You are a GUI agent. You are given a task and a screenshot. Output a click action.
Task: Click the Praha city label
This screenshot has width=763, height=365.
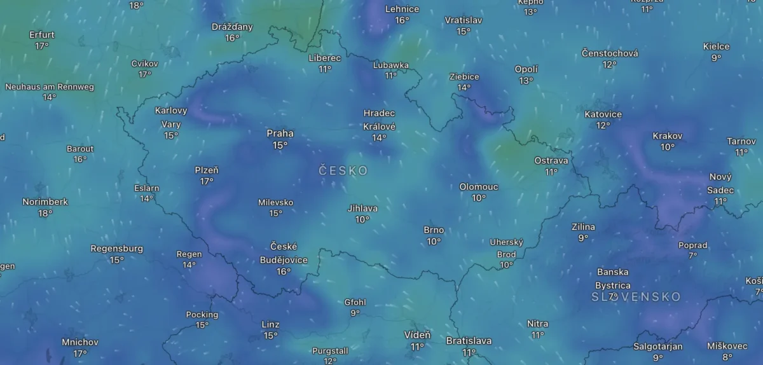[280, 134]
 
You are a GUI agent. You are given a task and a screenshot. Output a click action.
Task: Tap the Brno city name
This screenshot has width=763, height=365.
[434, 230]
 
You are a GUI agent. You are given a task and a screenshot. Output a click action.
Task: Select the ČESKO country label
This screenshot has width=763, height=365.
[343, 170]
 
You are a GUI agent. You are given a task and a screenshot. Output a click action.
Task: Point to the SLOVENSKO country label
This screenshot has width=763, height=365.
[636, 297]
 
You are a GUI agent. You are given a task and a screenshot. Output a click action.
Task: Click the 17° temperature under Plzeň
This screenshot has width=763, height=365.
[207, 182]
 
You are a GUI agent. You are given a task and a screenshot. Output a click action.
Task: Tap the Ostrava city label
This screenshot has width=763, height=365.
[551, 160]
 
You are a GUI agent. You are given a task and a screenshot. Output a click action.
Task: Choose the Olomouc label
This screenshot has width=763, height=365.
[479, 187]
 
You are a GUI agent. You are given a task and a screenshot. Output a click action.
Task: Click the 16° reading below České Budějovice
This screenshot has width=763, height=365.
[284, 272]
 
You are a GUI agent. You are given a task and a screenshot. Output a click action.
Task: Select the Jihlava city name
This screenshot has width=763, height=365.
[362, 208]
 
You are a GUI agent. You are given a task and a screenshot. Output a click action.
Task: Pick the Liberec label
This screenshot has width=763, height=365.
[325, 58]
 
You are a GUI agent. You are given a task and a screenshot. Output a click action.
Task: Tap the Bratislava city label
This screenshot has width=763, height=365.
[469, 341]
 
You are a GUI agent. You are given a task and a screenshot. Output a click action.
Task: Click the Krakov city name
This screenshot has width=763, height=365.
[667, 136]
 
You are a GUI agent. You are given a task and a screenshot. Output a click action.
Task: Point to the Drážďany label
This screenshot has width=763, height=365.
[232, 27]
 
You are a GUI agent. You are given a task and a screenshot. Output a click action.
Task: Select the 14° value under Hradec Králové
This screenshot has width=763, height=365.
[379, 138]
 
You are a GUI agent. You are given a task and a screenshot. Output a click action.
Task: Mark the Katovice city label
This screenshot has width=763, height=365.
[603, 114]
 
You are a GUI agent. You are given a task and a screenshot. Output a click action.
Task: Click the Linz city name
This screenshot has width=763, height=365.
[270, 324]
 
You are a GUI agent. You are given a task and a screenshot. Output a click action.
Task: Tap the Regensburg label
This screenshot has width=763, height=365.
[117, 249]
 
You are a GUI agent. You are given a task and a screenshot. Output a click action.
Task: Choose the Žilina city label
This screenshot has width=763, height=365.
[583, 227]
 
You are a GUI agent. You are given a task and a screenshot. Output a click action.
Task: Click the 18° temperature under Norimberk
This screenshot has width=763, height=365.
[45, 214]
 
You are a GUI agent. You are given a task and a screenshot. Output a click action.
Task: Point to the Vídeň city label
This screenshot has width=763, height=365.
[417, 335]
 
